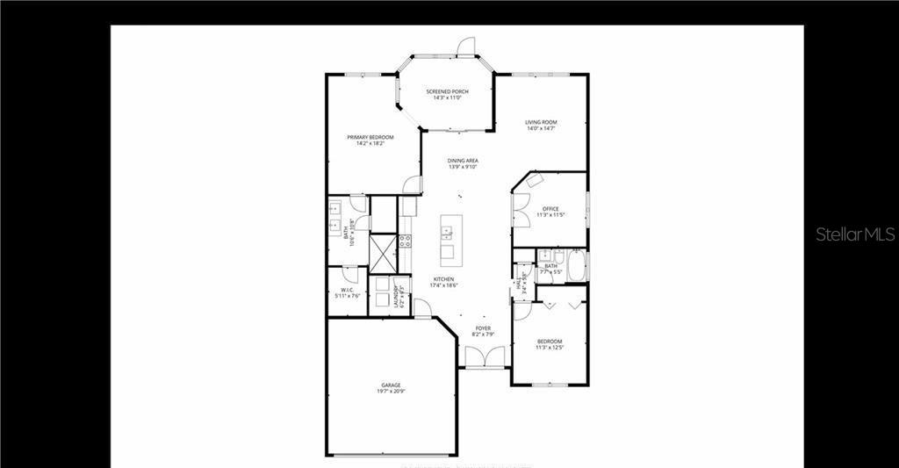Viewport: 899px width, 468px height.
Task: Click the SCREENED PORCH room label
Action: coord(447,91)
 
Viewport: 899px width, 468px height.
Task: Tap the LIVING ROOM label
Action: coord(541,122)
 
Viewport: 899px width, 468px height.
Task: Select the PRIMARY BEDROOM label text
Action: coord(370,137)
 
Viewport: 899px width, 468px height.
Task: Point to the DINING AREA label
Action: coord(462,161)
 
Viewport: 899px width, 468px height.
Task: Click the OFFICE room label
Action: coord(550,209)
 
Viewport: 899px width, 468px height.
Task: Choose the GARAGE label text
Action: coord(391,385)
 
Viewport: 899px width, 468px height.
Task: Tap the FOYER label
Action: coord(483,328)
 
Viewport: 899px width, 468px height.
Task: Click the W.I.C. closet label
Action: coord(347,291)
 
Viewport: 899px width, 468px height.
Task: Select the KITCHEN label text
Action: coord(442,279)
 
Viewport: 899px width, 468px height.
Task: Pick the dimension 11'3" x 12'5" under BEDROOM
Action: coord(550,348)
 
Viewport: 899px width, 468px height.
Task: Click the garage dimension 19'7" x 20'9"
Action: coord(391,391)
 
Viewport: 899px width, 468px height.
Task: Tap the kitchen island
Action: coord(448,238)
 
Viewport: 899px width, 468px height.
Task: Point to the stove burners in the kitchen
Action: coord(405,240)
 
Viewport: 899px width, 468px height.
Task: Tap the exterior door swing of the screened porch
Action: coord(466,44)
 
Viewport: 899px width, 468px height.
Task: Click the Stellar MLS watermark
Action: coord(855,234)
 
